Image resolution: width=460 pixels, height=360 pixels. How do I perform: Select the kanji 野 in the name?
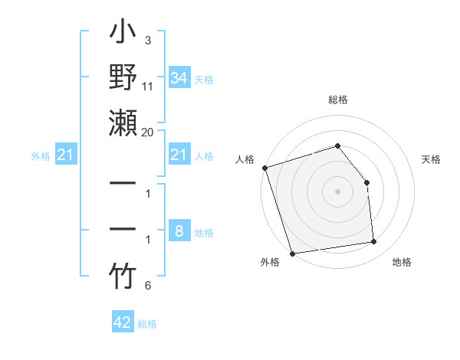point(123,79)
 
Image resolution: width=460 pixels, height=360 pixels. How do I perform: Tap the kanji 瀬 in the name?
point(123,123)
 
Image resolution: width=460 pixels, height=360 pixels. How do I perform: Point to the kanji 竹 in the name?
point(123,277)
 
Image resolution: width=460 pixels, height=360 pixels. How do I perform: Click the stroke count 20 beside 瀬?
point(148,132)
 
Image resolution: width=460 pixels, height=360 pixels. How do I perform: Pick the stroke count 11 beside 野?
point(148,87)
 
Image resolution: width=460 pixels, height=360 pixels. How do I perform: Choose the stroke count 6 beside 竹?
point(148,286)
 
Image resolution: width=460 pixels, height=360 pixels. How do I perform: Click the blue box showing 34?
point(179,78)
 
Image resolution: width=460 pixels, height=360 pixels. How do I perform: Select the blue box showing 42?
point(123,322)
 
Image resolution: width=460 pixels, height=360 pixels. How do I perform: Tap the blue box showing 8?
point(179,231)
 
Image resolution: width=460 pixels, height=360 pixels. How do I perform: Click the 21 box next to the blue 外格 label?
point(65,155)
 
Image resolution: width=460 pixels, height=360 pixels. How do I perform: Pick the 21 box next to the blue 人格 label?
point(179,155)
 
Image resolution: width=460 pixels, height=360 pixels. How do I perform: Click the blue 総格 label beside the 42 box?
point(147,324)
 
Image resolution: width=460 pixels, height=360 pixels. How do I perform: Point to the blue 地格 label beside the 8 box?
point(205,233)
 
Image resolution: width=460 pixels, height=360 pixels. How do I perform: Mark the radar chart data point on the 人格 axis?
point(264,168)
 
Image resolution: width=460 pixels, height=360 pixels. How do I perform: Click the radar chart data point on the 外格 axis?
point(292,254)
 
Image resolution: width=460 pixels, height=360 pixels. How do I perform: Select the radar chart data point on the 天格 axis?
point(366,182)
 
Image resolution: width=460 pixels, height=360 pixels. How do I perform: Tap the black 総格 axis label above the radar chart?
point(337,100)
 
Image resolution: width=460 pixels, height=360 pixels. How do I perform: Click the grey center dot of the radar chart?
point(337,191)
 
